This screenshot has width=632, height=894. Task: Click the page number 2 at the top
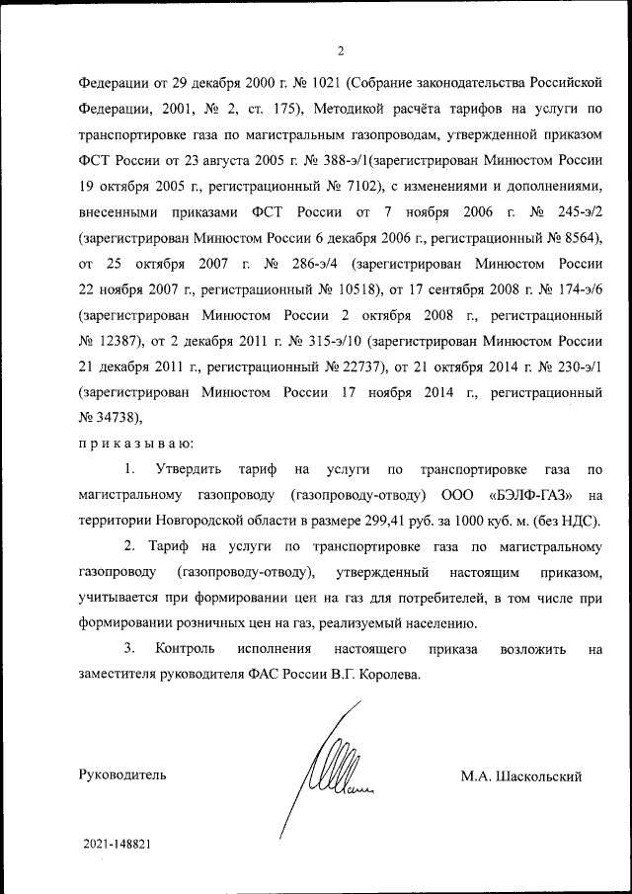coord(339,51)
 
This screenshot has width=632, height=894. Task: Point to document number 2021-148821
coord(118,846)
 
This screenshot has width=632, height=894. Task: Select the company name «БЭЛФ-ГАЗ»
coord(529,494)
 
